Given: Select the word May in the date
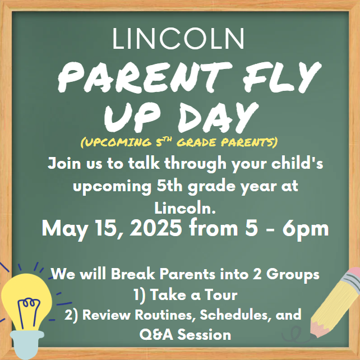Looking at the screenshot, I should coord(59,228).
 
